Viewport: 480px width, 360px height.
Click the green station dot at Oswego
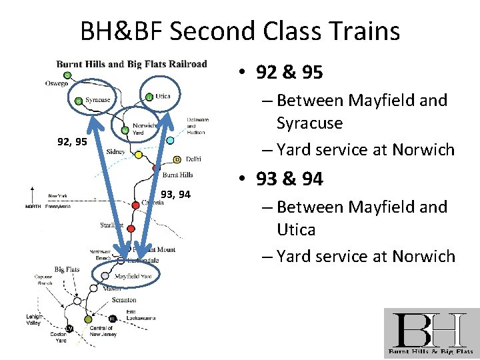pos(67,75)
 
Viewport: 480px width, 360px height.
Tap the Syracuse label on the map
pos(97,100)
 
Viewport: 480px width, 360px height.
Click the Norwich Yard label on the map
pos(144,128)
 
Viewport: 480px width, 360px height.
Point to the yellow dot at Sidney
pos(138,155)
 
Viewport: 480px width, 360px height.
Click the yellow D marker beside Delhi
pos(177,159)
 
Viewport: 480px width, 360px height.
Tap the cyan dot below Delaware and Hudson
pos(170,141)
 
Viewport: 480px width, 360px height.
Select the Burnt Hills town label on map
pos(177,175)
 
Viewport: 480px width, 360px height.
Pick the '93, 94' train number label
pos(175,195)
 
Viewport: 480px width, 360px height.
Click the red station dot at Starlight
pos(131,229)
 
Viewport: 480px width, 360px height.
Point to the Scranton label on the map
pos(124,301)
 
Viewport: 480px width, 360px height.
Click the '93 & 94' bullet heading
pos(299,179)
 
